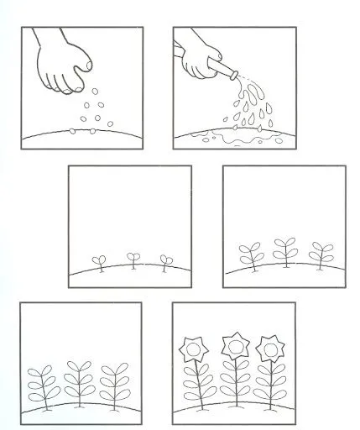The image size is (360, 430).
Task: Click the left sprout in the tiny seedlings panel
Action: pyautogui.click(x=98, y=263)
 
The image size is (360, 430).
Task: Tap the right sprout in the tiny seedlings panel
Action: pyautogui.click(x=164, y=261)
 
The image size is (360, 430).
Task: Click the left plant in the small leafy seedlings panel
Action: pyautogui.click(x=250, y=255)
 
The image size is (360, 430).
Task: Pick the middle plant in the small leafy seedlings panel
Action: pyautogui.click(x=284, y=251)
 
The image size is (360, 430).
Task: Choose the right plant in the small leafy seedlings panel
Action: pyautogui.click(x=319, y=254)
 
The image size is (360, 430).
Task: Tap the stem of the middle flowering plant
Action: pyautogui.click(x=232, y=382)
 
